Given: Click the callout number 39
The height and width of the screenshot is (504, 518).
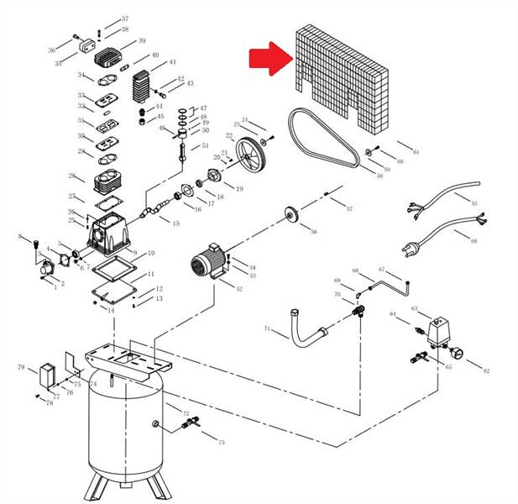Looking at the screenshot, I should (142, 41).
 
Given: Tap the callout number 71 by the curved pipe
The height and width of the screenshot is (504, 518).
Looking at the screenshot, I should (267, 328).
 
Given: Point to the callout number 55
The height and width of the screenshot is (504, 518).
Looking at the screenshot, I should (474, 203).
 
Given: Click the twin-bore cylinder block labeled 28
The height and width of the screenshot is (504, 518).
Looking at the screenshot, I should (106, 182).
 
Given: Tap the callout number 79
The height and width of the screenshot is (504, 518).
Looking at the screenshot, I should (21, 367).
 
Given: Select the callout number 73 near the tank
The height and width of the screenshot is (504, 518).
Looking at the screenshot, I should (221, 442).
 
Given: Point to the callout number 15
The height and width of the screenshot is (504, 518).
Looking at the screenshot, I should (175, 223).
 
